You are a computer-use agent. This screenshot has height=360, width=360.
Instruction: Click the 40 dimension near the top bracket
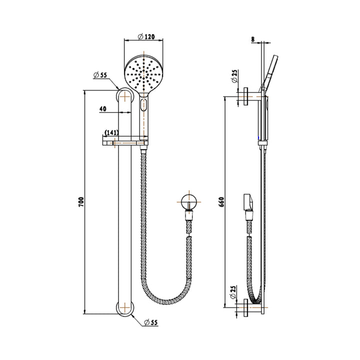[102, 108]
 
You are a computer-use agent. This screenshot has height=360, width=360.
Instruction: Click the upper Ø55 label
[100, 75]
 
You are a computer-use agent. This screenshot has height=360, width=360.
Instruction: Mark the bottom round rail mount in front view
[124, 308]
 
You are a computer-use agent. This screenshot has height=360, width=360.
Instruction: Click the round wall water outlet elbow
[189, 202]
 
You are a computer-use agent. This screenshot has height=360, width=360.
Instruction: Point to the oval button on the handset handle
[144, 105]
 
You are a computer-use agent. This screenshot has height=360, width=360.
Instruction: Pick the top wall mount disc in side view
[247, 97]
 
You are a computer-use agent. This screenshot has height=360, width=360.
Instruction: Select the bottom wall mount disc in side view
[247, 308]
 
